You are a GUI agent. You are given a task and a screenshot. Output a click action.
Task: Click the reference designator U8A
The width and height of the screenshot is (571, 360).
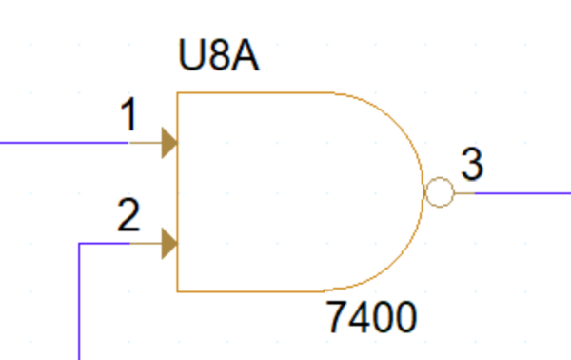point(218,57)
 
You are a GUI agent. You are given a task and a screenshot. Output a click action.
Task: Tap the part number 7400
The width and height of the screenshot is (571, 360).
point(371,317)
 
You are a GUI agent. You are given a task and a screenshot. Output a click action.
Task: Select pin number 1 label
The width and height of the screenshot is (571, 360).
point(128,116)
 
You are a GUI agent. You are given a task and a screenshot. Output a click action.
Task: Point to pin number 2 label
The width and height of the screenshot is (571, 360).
point(128,217)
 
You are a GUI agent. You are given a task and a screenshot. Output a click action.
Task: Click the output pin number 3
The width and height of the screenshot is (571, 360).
point(472,165)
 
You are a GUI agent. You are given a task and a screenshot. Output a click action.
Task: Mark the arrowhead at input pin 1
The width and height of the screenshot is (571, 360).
point(169,143)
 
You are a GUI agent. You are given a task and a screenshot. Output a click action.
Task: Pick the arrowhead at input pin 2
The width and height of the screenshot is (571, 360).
point(169,244)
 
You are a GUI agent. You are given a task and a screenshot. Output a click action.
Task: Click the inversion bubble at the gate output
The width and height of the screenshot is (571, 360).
point(439,192)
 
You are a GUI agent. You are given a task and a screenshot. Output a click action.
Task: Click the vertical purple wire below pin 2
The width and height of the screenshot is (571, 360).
point(79,305)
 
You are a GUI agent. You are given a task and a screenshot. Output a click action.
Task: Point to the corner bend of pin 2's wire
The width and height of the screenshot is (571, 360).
point(79,244)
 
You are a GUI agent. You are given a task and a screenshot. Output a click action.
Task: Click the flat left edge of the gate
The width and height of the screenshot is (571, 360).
point(177,190)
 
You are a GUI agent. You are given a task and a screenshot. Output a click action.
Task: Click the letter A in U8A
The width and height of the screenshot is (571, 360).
point(246,57)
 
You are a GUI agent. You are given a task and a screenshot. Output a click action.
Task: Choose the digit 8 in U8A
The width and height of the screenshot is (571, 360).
point(218,57)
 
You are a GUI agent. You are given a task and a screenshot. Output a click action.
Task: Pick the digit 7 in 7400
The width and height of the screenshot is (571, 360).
point(337,317)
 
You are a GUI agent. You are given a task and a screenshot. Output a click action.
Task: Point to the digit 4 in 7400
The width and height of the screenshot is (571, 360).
point(360,317)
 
